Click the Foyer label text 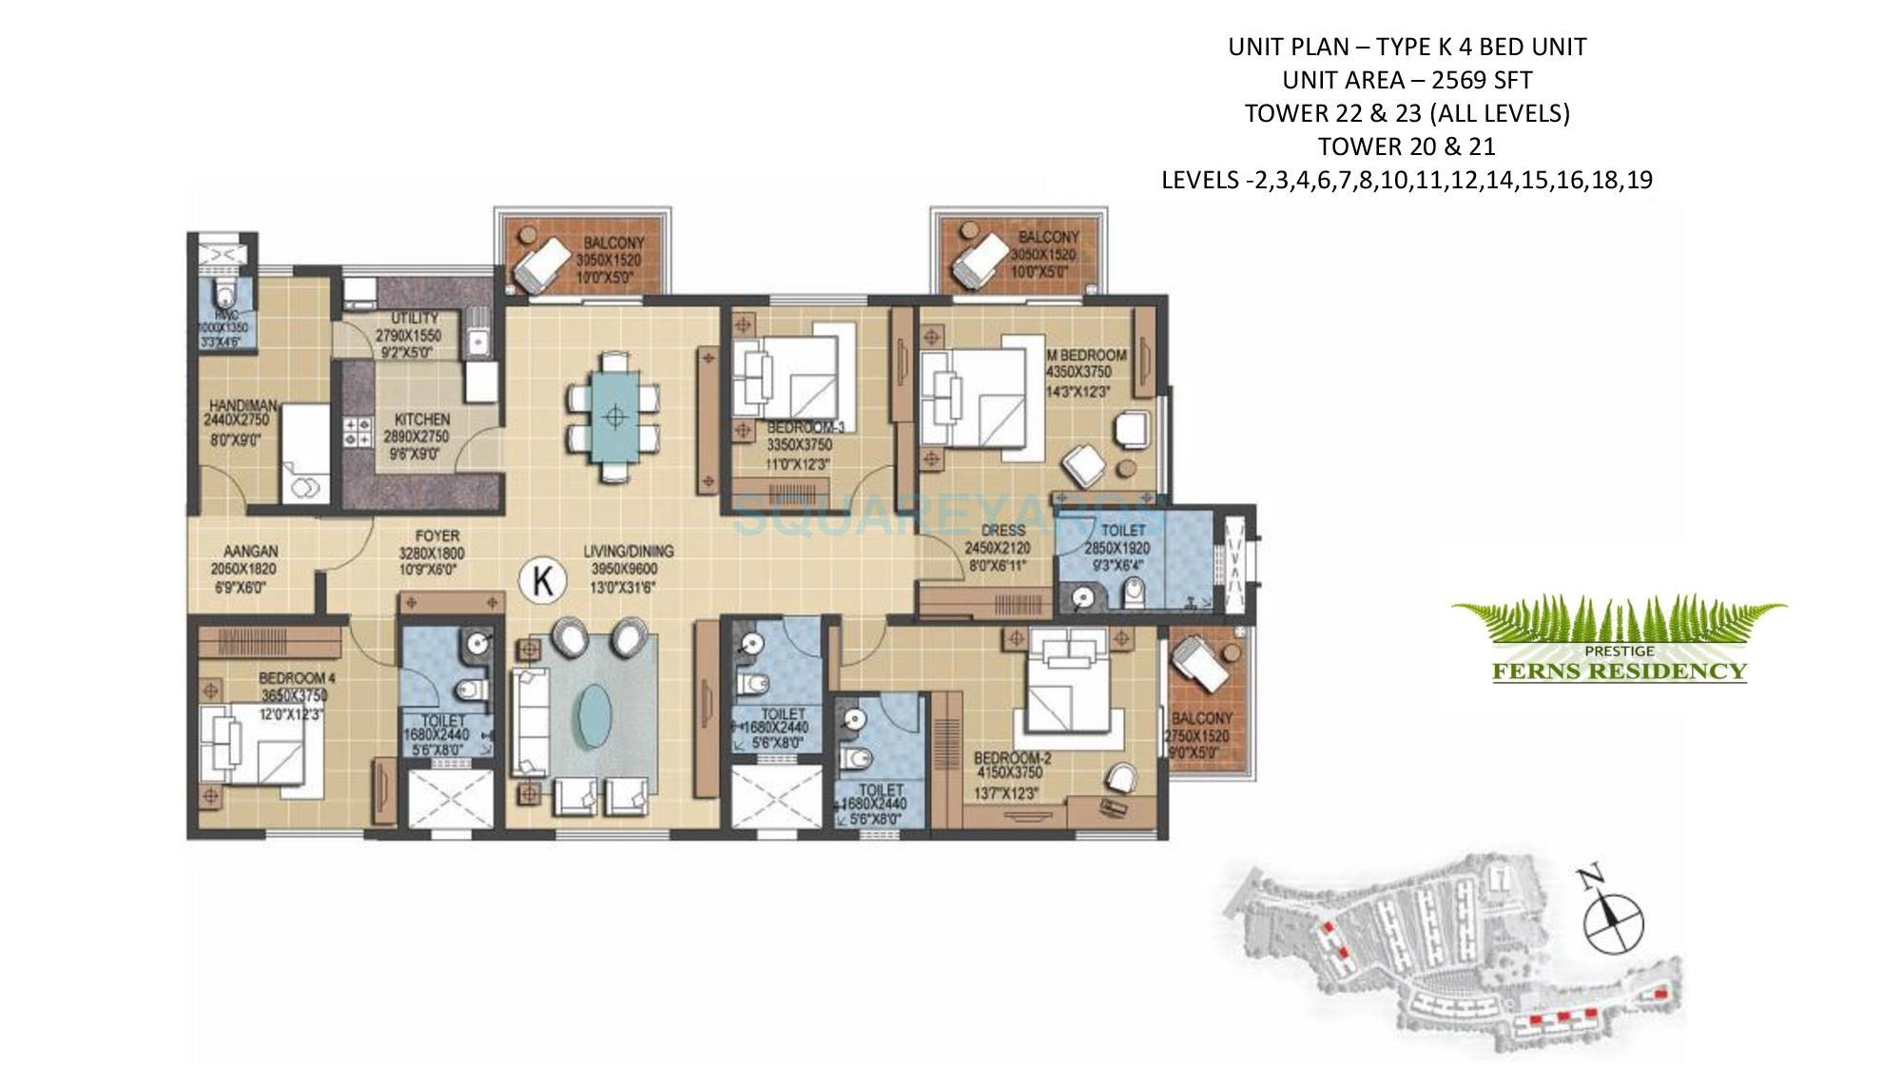[437, 536]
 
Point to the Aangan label [251, 552]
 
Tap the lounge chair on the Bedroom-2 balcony [1200, 666]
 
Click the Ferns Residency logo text [1619, 671]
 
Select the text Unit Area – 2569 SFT [1407, 80]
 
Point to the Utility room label [415, 319]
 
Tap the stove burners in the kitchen [357, 433]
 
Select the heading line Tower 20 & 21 [1407, 146]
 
